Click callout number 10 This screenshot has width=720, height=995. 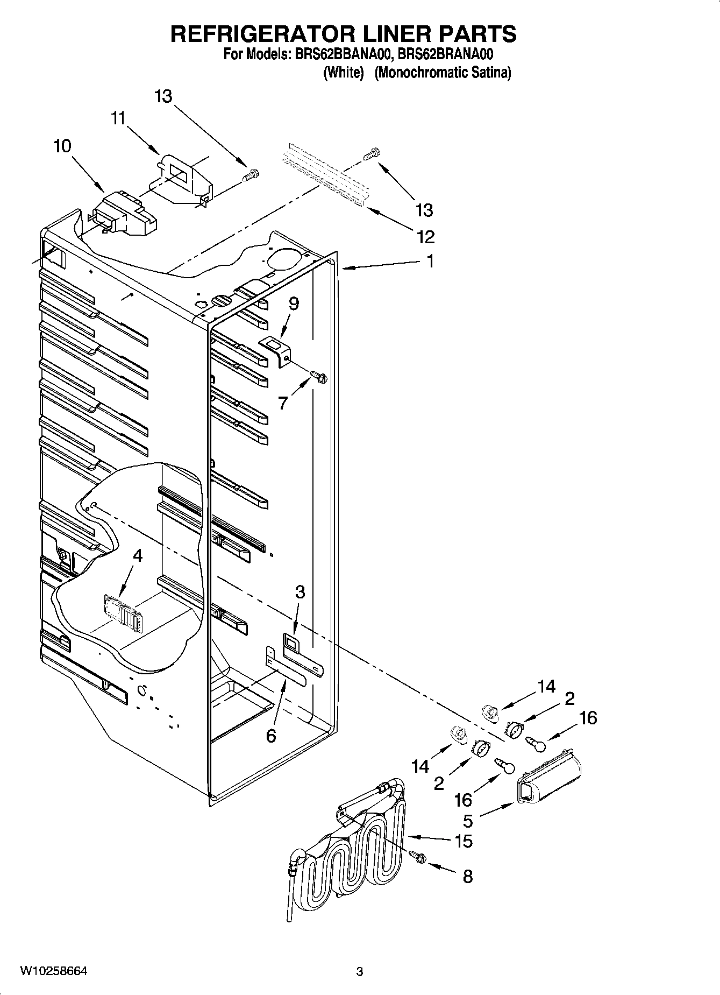62,146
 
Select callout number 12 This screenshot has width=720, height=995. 424,236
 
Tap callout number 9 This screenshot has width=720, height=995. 293,304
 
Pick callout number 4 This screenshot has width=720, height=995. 138,555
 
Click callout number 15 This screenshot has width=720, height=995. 464,841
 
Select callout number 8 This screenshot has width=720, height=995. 467,877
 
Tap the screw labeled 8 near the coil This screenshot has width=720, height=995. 418,857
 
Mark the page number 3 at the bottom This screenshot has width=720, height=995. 360,972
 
